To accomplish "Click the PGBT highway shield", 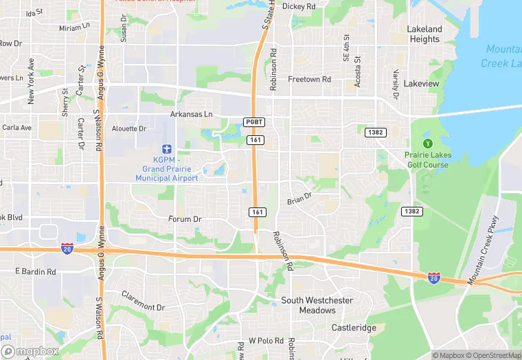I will click(254, 122).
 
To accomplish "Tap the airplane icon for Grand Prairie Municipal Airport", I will click(166, 149).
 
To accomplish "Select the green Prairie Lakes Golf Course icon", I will click(427, 144).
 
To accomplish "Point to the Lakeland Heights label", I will click(424, 34).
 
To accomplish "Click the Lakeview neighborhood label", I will click(421, 84).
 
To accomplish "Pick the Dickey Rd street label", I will click(299, 6).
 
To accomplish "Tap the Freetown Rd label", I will click(309, 80).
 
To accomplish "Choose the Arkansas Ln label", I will click(192, 114).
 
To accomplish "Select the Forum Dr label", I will click(185, 219).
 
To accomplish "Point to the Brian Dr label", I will click(299, 199).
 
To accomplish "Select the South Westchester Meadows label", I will click(317, 306).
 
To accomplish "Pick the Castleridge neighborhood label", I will click(354, 328).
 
